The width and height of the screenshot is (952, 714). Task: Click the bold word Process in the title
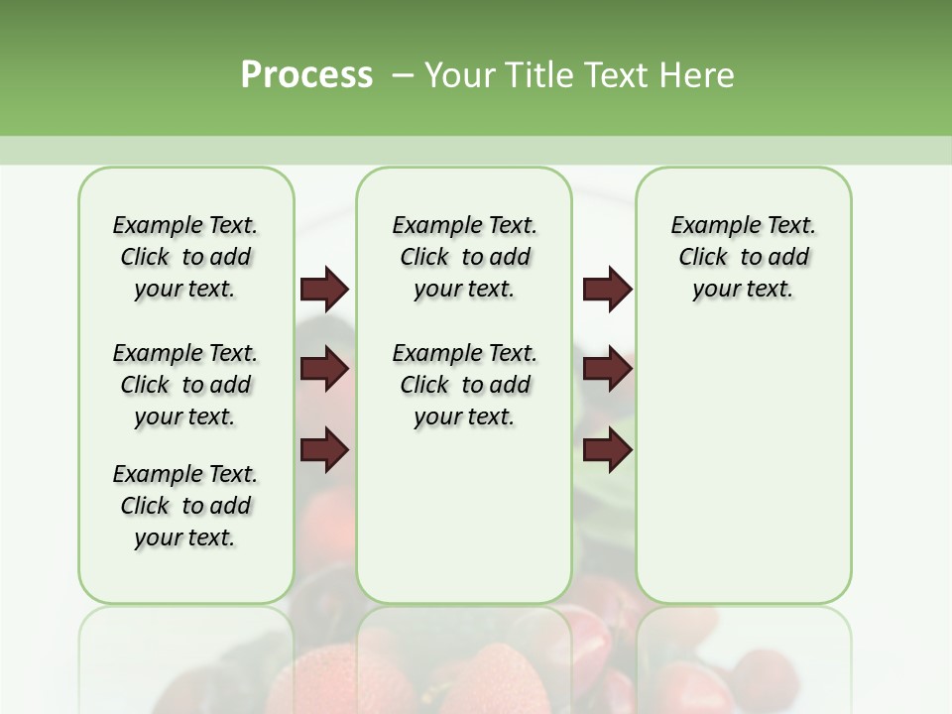(306, 75)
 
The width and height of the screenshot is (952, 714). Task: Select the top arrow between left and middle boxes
(324, 289)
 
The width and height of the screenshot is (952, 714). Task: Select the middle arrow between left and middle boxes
(324, 369)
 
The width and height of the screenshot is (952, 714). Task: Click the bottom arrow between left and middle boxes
(324, 450)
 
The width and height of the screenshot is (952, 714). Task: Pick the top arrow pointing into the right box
(607, 289)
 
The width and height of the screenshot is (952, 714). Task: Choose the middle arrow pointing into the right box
(607, 369)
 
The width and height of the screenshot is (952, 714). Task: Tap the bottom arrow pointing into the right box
(607, 450)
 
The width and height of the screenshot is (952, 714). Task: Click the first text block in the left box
(185, 257)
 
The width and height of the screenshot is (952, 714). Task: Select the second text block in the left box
(185, 385)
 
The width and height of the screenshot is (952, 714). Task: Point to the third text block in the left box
(185, 506)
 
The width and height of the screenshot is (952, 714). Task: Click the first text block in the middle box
(464, 257)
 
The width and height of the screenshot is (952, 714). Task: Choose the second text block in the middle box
(464, 385)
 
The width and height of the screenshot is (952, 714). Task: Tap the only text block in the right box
(743, 257)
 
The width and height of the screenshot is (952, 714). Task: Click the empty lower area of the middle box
(464, 516)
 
